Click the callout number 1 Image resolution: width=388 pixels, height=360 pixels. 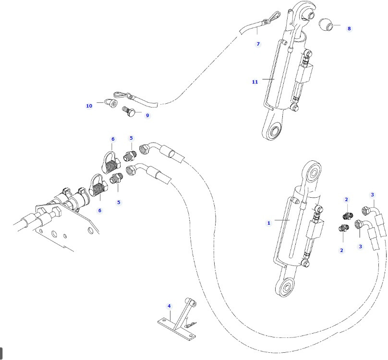click(269, 223)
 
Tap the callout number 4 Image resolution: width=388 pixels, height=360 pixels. click(169, 306)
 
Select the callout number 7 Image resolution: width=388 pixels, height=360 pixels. click(258, 44)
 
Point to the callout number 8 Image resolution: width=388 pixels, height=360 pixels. click(349, 28)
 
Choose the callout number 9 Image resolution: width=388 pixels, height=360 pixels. click(147, 115)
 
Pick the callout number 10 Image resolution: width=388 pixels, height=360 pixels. click(89, 106)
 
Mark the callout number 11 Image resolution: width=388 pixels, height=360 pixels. click(255, 82)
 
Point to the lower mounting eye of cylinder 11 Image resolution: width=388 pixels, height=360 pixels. click(276, 131)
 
